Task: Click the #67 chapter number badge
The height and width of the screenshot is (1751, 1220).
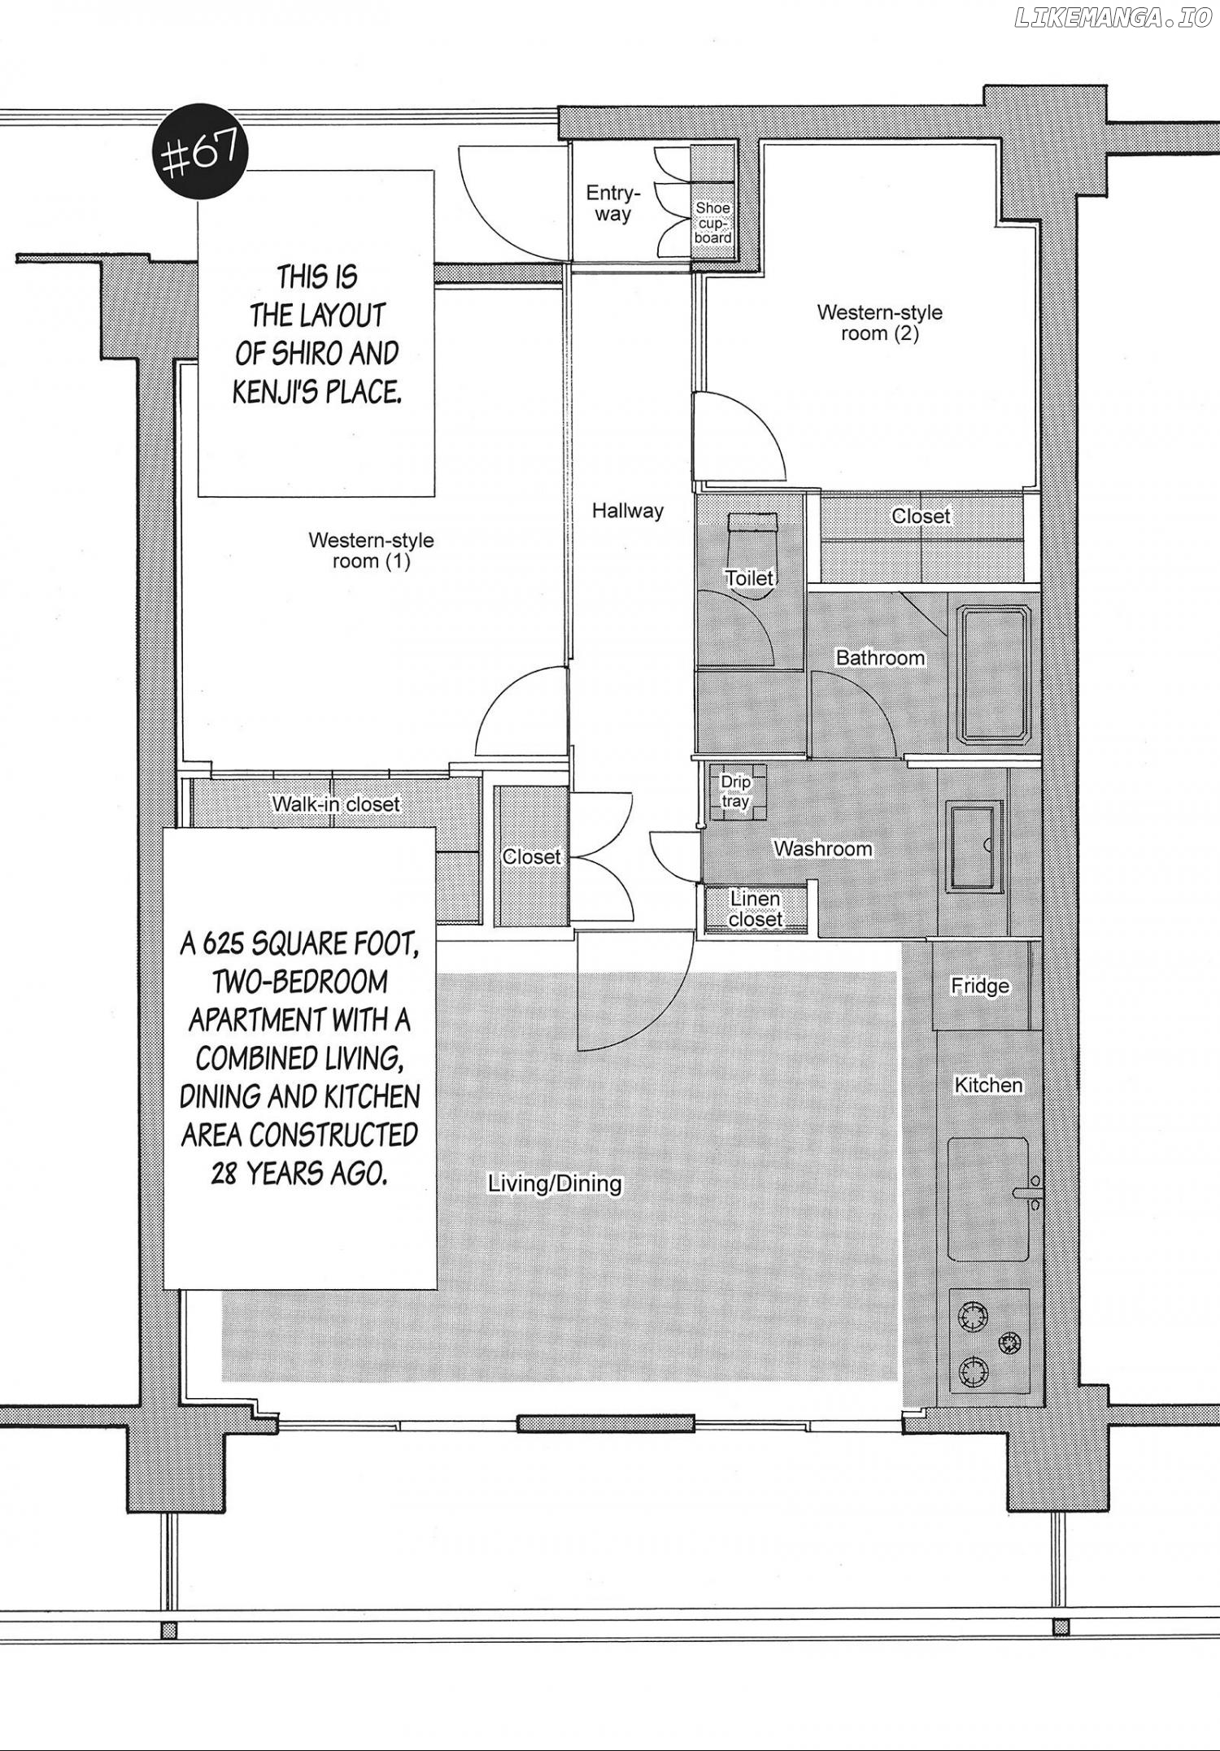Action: click(200, 153)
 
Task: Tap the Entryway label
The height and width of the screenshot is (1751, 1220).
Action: click(613, 203)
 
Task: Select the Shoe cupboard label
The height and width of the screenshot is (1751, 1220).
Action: click(713, 223)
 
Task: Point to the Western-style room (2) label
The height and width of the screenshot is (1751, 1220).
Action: click(879, 323)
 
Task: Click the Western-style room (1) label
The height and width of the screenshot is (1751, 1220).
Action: click(371, 551)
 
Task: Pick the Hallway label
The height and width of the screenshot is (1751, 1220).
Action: click(627, 511)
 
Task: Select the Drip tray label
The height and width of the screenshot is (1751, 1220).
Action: click(735, 791)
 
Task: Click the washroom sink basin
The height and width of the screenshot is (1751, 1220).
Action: click(974, 847)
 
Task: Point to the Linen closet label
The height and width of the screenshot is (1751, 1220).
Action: click(756, 909)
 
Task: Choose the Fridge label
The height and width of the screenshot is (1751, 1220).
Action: click(980, 987)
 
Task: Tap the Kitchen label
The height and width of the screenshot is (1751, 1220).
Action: click(988, 1085)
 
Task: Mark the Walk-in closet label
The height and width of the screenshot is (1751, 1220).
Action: click(336, 804)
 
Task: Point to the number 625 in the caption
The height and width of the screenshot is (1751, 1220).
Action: click(224, 943)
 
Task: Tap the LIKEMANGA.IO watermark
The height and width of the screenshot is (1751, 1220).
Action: click(1113, 19)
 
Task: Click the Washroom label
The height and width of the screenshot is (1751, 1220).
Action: click(822, 849)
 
